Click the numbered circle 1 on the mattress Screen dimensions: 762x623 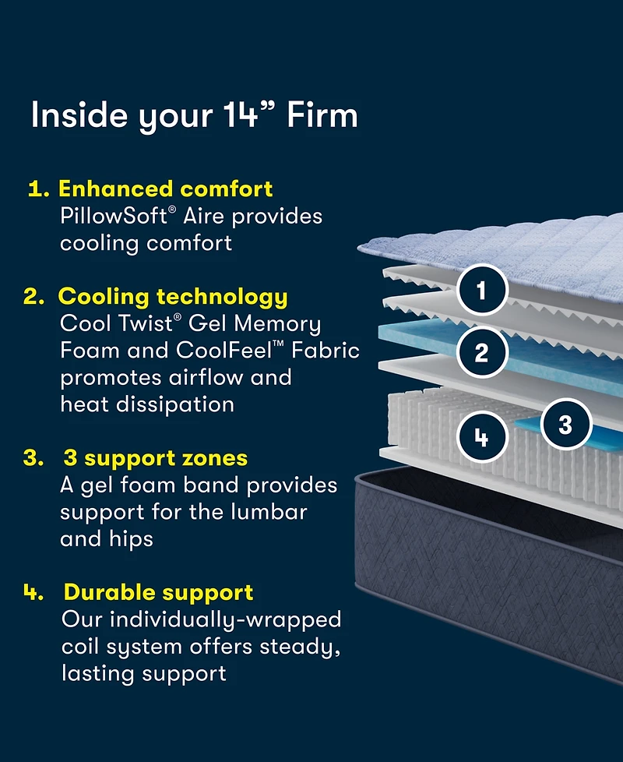pyautogui.click(x=481, y=291)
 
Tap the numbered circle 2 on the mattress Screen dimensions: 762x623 pyautogui.click(x=481, y=353)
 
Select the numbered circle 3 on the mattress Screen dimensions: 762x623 pyautogui.click(x=565, y=425)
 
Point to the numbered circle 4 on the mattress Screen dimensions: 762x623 pyautogui.click(x=481, y=438)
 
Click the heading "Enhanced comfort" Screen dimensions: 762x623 pyautogui.click(x=166, y=189)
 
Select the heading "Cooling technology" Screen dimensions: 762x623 pyautogui.click(x=173, y=297)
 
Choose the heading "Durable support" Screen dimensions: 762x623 pyautogui.click(x=158, y=592)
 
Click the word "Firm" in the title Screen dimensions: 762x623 pyautogui.click(x=322, y=115)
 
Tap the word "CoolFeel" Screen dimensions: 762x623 pyautogui.click(x=240, y=351)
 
